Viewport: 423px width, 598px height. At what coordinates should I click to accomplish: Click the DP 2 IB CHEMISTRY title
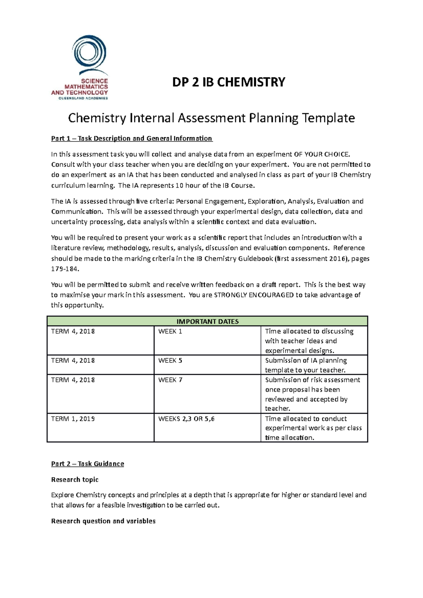[228, 82]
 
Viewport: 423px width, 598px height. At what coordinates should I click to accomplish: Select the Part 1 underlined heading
[131, 138]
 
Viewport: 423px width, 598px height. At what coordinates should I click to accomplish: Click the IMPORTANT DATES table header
[207, 321]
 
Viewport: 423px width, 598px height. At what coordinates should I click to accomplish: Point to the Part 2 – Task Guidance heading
[87, 464]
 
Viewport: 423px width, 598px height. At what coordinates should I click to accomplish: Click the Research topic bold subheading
[75, 480]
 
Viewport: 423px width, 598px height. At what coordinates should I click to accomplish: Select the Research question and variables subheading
[103, 521]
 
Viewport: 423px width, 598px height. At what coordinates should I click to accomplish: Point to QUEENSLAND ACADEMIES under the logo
[83, 98]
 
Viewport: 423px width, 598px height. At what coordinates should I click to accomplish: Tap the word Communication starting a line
[76, 212]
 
